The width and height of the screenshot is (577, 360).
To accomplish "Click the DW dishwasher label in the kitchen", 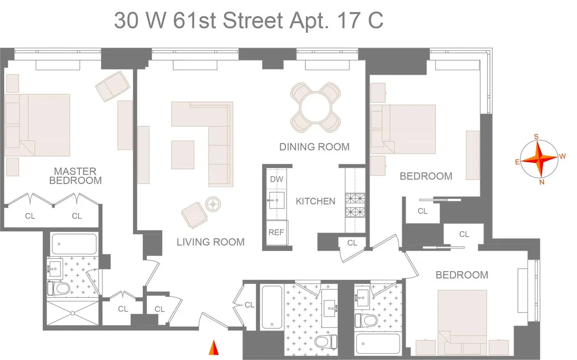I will tap(276, 179).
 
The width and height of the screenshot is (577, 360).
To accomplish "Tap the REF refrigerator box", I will tap(276, 232).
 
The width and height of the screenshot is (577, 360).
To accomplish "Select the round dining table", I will tap(316, 107).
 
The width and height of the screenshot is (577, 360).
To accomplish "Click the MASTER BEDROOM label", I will tap(75, 176).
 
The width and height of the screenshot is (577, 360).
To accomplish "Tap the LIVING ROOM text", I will tap(210, 242).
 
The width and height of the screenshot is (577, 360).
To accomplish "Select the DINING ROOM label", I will tap(314, 147).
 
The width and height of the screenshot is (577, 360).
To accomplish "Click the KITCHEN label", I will tap(315, 201).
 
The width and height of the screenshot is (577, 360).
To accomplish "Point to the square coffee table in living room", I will tap(183, 154).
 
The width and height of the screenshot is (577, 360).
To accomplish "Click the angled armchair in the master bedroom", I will tap(113, 86).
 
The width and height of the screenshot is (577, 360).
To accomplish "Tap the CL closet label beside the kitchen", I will tap(352, 243).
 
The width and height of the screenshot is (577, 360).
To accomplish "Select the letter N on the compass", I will tap(541, 182).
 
